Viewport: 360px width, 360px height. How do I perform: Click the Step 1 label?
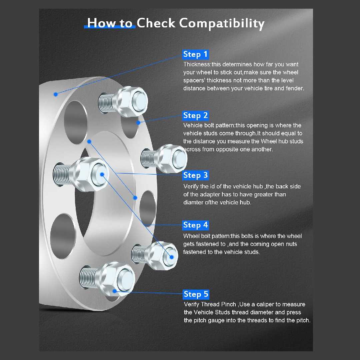coord(196,54)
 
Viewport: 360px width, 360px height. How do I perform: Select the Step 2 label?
coord(196,115)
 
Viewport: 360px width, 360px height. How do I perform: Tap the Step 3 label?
coord(196,175)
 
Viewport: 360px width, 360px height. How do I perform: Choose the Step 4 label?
coord(196,225)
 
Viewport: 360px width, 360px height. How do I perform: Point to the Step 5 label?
coord(196,294)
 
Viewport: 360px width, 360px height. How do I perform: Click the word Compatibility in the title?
coord(222,23)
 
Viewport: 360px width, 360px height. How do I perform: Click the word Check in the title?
coord(156,23)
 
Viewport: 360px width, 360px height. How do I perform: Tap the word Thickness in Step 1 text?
coord(197,64)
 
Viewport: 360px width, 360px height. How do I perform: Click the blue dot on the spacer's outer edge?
coord(56,94)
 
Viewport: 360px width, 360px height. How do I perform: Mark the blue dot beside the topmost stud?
coord(138,123)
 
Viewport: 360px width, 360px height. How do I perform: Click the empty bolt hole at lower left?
coord(62,236)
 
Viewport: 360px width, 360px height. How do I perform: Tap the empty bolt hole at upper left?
coord(76,122)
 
